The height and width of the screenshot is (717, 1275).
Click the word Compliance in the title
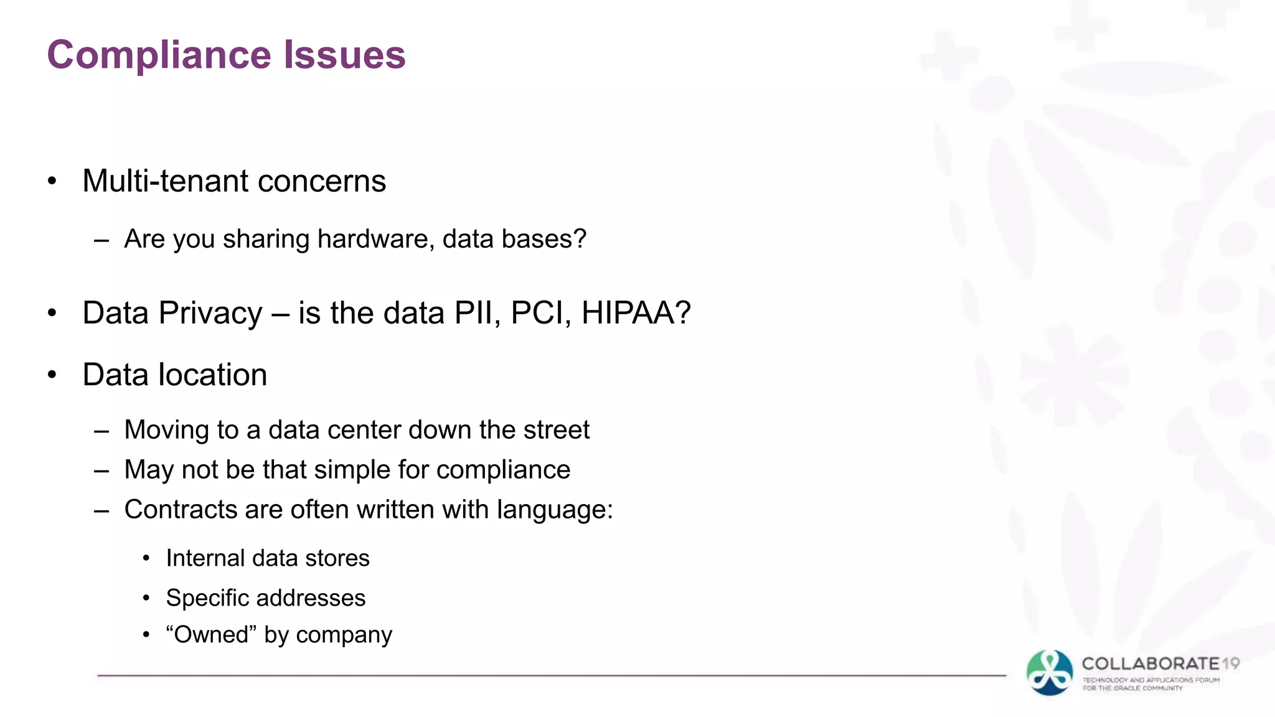[159, 55]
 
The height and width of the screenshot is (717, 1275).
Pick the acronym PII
[477, 312]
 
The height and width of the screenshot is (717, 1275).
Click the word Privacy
[210, 314]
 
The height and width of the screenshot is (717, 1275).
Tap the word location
[213, 375]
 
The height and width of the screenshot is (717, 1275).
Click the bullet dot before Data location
[52, 375]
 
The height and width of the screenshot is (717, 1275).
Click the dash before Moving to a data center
[101, 431]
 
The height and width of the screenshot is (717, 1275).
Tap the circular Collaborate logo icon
[1050, 673]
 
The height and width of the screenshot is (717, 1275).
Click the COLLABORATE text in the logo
[1150, 664]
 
